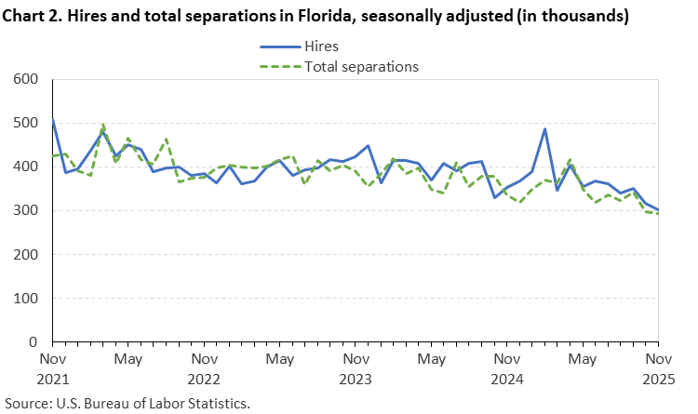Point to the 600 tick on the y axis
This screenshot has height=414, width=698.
(x=25, y=79)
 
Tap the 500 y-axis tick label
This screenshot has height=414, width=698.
(x=25, y=123)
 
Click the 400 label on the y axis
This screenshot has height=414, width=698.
(x=25, y=167)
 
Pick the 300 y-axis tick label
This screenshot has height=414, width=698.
(x=25, y=211)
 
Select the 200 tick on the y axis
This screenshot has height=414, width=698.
(x=25, y=255)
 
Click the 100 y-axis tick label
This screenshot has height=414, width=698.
(x=25, y=299)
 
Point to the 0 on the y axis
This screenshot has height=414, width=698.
(x=35, y=342)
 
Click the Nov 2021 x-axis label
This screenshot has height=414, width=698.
(x=53, y=368)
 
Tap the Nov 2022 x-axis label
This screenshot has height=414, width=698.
(x=204, y=368)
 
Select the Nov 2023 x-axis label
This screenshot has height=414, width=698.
(x=356, y=368)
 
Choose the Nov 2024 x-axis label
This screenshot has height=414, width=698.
(x=506, y=368)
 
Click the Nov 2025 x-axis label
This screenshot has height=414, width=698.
(x=657, y=368)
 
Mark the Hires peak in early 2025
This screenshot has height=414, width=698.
(x=544, y=129)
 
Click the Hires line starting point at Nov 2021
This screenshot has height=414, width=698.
(x=53, y=119)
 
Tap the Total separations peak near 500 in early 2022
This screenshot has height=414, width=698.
(x=102, y=125)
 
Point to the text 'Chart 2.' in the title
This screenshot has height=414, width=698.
(x=33, y=16)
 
